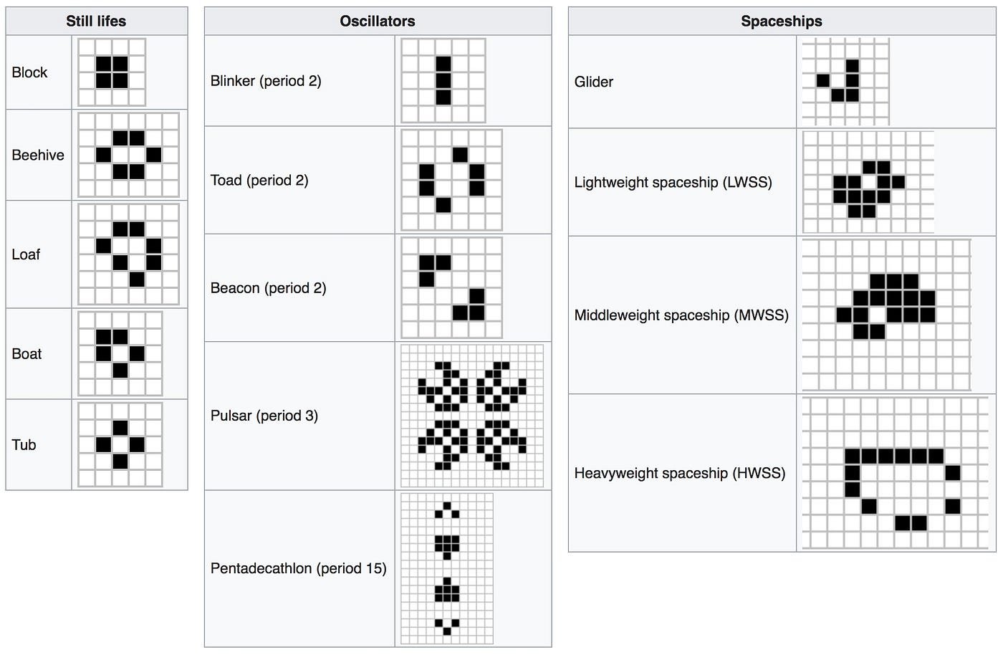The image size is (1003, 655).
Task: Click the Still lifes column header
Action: click(96, 21)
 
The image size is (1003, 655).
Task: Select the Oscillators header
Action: click(378, 21)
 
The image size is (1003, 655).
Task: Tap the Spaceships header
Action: click(782, 21)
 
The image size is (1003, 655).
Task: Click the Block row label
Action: click(29, 72)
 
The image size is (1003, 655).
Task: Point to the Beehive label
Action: click(38, 155)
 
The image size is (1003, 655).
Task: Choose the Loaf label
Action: click(26, 254)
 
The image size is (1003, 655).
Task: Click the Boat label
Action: click(27, 354)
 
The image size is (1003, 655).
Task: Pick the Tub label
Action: click(24, 445)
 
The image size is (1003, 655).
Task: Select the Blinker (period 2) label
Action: click(266, 81)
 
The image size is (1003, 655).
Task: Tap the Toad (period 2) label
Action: click(259, 181)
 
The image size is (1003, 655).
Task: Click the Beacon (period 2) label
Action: click(268, 288)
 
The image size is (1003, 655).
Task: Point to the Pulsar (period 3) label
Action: click(264, 416)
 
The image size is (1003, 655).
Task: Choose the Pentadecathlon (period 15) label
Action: click(298, 568)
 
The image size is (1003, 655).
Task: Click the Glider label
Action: click(594, 82)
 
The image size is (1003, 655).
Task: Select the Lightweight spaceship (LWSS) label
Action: click(673, 183)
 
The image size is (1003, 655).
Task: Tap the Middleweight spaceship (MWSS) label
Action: click(681, 315)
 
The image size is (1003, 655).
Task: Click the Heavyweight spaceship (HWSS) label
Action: click(680, 474)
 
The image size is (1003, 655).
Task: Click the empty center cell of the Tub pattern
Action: click(120, 445)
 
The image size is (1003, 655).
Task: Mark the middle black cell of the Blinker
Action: click(443, 81)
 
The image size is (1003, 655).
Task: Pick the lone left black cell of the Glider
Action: click(823, 81)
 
